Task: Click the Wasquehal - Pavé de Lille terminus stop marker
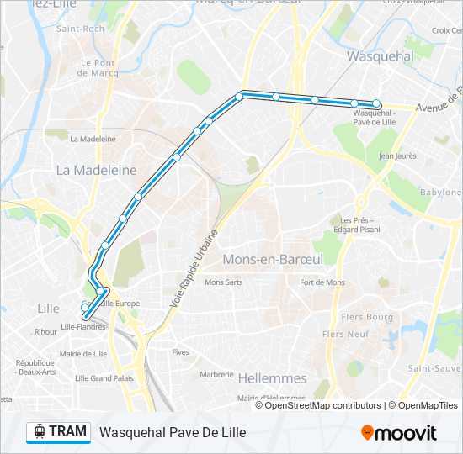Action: click(x=377, y=104)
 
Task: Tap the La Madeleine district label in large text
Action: click(x=96, y=170)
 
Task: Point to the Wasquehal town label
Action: click(x=381, y=55)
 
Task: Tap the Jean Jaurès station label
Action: click(x=398, y=156)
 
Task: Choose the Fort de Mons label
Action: click(x=322, y=282)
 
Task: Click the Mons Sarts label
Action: click(x=223, y=282)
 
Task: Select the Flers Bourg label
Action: click(x=368, y=317)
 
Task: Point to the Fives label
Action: click(x=180, y=352)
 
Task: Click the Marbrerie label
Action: click(x=217, y=375)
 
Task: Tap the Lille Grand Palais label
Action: click(x=104, y=378)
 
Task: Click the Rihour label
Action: click(x=45, y=332)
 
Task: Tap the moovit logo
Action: click(x=398, y=433)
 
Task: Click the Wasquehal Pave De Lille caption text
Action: click(x=167, y=433)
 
